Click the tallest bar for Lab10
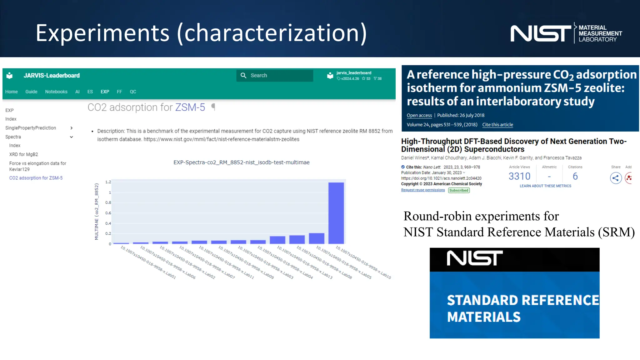tap(336, 213)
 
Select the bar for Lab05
tap(317, 239)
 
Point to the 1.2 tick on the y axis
tap(108, 182)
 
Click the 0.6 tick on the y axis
tap(108, 213)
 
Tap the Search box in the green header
tap(275, 76)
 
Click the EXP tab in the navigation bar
tap(105, 92)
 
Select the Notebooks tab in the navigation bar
tap(56, 92)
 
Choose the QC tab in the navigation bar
tap(133, 92)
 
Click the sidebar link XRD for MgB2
tap(24, 154)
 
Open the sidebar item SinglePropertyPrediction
tap(31, 128)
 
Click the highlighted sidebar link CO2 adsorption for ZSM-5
tap(36, 178)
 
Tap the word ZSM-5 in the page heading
tap(190, 107)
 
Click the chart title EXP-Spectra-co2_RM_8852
tap(241, 162)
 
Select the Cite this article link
tap(497, 125)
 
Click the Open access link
tap(419, 115)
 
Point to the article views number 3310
tap(519, 177)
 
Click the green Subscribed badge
tap(459, 190)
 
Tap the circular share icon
tap(616, 178)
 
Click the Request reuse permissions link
tap(423, 190)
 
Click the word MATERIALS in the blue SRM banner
tap(484, 317)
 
